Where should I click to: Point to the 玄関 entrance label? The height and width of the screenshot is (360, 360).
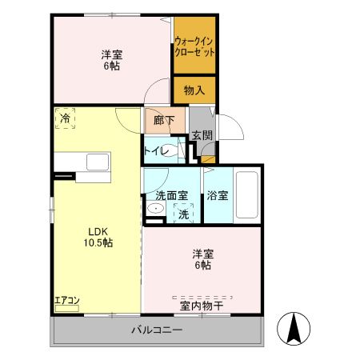[x=202, y=136]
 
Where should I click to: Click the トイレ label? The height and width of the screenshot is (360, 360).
[x=154, y=149]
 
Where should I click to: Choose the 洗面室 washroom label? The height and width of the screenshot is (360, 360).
[x=170, y=194]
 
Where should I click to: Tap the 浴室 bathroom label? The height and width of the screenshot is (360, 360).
[x=218, y=194]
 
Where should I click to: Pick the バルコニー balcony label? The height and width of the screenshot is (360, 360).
[x=158, y=330]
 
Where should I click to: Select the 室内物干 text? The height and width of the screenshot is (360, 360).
[x=201, y=305]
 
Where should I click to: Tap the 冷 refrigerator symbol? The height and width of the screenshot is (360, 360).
[x=64, y=118]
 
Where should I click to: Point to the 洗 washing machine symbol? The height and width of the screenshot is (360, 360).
[x=183, y=213]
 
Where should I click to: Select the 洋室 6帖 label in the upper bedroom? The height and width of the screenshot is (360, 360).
[x=112, y=59]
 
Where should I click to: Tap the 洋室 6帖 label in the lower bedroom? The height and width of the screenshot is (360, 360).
[x=201, y=259]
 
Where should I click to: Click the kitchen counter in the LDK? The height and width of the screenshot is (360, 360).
[x=84, y=168]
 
